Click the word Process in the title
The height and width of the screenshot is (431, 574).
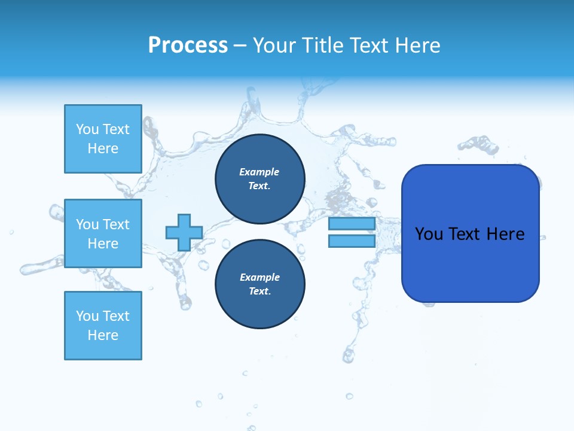pos(188,45)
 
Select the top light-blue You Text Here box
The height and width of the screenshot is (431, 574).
pos(103,139)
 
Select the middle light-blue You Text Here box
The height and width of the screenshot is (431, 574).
pos(103,233)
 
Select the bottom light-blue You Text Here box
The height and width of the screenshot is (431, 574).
pos(103,326)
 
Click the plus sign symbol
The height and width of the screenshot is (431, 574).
pos(184,232)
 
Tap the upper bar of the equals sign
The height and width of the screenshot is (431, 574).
pos(352,224)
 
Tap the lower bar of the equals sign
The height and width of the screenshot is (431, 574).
pos(352,241)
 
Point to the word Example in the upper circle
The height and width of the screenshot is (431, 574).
pos(259,172)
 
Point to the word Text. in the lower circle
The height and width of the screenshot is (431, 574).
pos(260,292)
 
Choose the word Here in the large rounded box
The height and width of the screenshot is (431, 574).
pos(505,234)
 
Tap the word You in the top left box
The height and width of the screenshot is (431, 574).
pos(87,129)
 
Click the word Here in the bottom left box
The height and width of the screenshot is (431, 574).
pos(103,335)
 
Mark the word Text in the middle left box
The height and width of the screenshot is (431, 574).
pos(116,224)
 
